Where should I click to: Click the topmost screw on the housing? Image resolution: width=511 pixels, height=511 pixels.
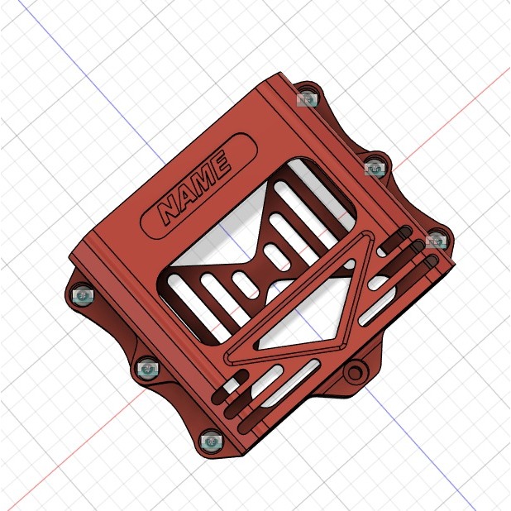coord(308,99)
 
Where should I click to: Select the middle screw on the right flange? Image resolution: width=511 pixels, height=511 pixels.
coord(375,169)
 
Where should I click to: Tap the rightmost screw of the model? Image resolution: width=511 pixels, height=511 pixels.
coord(435,241)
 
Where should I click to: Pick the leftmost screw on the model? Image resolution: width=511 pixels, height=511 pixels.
coord(83,295)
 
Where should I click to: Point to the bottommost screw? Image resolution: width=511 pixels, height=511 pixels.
coord(212,442)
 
